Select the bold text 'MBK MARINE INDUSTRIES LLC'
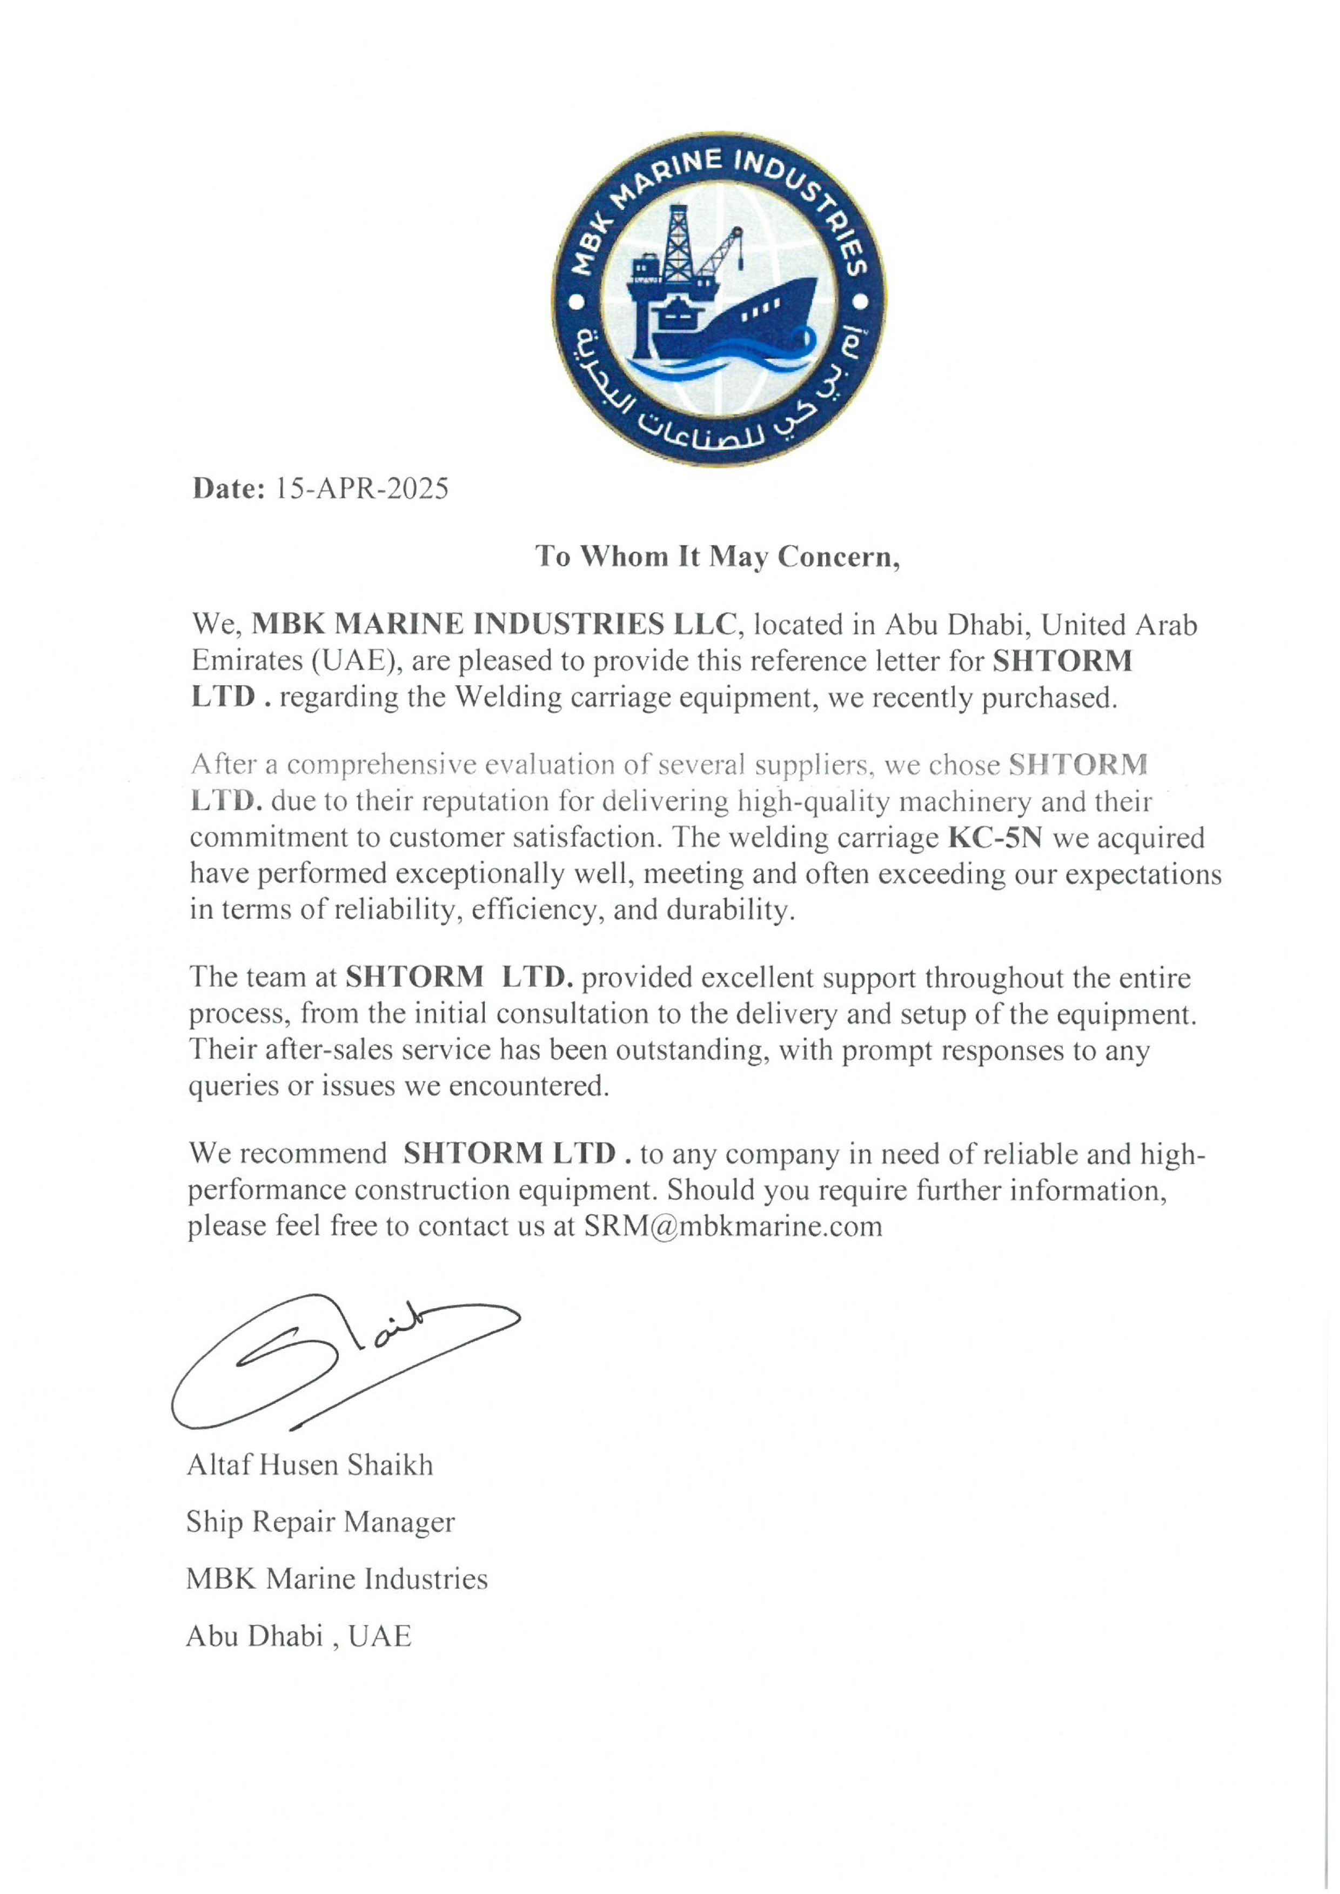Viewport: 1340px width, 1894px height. pos(493,625)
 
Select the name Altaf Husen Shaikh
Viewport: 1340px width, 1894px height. pos(310,1465)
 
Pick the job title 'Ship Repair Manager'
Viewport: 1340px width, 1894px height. pos(320,1522)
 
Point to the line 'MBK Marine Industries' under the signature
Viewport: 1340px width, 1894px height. pos(337,1579)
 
